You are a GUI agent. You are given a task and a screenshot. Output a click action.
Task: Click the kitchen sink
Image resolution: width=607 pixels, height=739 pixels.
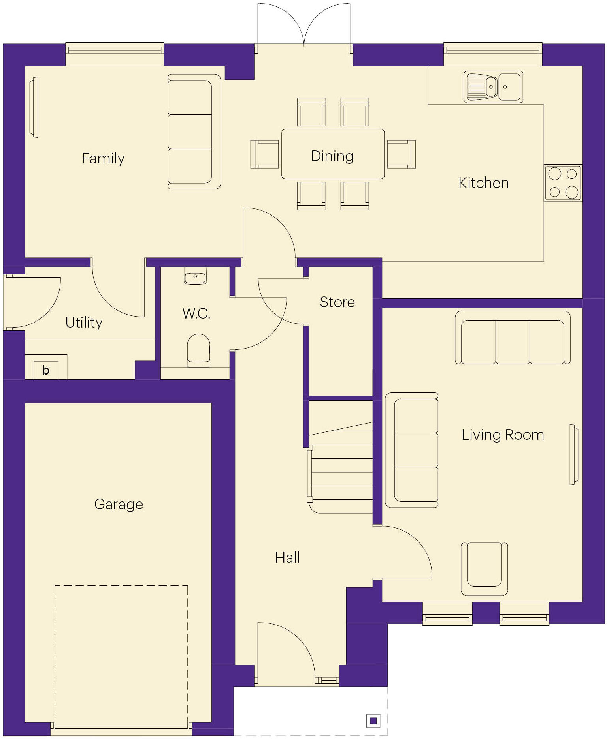pyautogui.click(x=493, y=87)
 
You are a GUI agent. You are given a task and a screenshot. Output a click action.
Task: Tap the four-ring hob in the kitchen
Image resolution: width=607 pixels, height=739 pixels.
pyautogui.click(x=563, y=183)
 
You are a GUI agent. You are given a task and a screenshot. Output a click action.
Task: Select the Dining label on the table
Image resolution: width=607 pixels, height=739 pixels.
pyautogui.click(x=332, y=156)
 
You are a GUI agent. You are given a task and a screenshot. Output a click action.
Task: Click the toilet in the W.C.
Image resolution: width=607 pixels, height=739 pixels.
pyautogui.click(x=198, y=349)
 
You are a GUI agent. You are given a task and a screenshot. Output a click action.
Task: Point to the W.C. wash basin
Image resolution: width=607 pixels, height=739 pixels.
pyautogui.click(x=195, y=276)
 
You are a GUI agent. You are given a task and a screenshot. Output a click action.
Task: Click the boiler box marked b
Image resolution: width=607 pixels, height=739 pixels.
pyautogui.click(x=46, y=370)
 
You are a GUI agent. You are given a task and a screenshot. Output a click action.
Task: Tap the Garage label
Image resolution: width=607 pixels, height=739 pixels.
pyautogui.click(x=119, y=504)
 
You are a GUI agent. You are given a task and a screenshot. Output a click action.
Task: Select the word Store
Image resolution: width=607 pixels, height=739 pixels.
pyautogui.click(x=337, y=302)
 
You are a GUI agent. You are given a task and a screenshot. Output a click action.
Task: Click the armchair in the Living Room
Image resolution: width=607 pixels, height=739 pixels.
pyautogui.click(x=484, y=569)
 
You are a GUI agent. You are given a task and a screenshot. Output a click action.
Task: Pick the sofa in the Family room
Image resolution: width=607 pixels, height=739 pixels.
pyautogui.click(x=194, y=131)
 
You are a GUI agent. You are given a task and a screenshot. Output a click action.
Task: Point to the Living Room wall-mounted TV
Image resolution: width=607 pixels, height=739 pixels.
pyautogui.click(x=573, y=454)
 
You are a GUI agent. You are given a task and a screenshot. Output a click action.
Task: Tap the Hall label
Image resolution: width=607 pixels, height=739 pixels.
pyautogui.click(x=287, y=557)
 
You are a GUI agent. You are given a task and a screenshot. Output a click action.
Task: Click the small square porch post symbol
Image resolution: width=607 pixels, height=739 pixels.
pyautogui.click(x=373, y=721)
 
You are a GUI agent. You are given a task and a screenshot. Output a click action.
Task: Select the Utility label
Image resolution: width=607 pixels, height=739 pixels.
pyautogui.click(x=84, y=323)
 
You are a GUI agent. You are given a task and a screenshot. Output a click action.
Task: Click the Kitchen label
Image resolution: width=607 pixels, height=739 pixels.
pyautogui.click(x=483, y=183)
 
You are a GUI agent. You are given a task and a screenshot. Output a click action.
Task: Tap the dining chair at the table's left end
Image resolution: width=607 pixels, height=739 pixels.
pyautogui.click(x=264, y=154)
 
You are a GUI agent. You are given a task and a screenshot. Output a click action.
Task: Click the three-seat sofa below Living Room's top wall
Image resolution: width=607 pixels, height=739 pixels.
pyautogui.click(x=513, y=338)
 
